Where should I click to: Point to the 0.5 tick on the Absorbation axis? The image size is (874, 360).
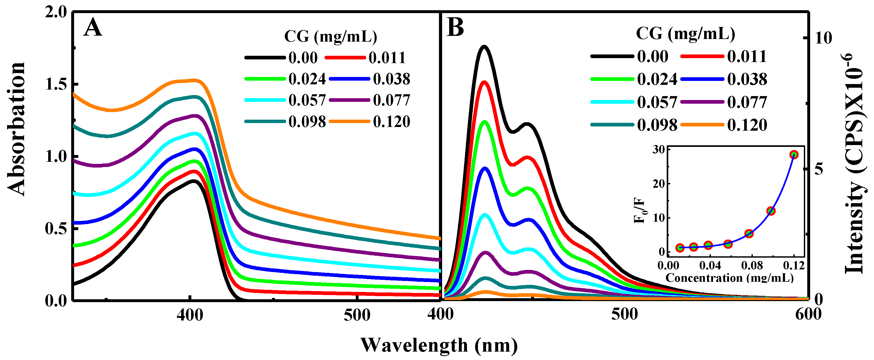tap(56, 228)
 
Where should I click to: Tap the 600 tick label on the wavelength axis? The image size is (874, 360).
tap(808, 314)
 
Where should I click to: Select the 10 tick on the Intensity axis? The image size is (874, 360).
tap(823, 38)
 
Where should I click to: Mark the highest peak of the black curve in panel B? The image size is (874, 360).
tap(484, 47)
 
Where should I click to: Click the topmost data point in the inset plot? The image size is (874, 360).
tap(794, 155)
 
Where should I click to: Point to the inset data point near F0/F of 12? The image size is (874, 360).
tap(771, 211)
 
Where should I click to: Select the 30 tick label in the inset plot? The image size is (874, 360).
tap(659, 150)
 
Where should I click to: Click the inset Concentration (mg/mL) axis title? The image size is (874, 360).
tap(730, 278)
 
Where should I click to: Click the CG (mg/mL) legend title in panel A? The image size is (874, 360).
tap(330, 37)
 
